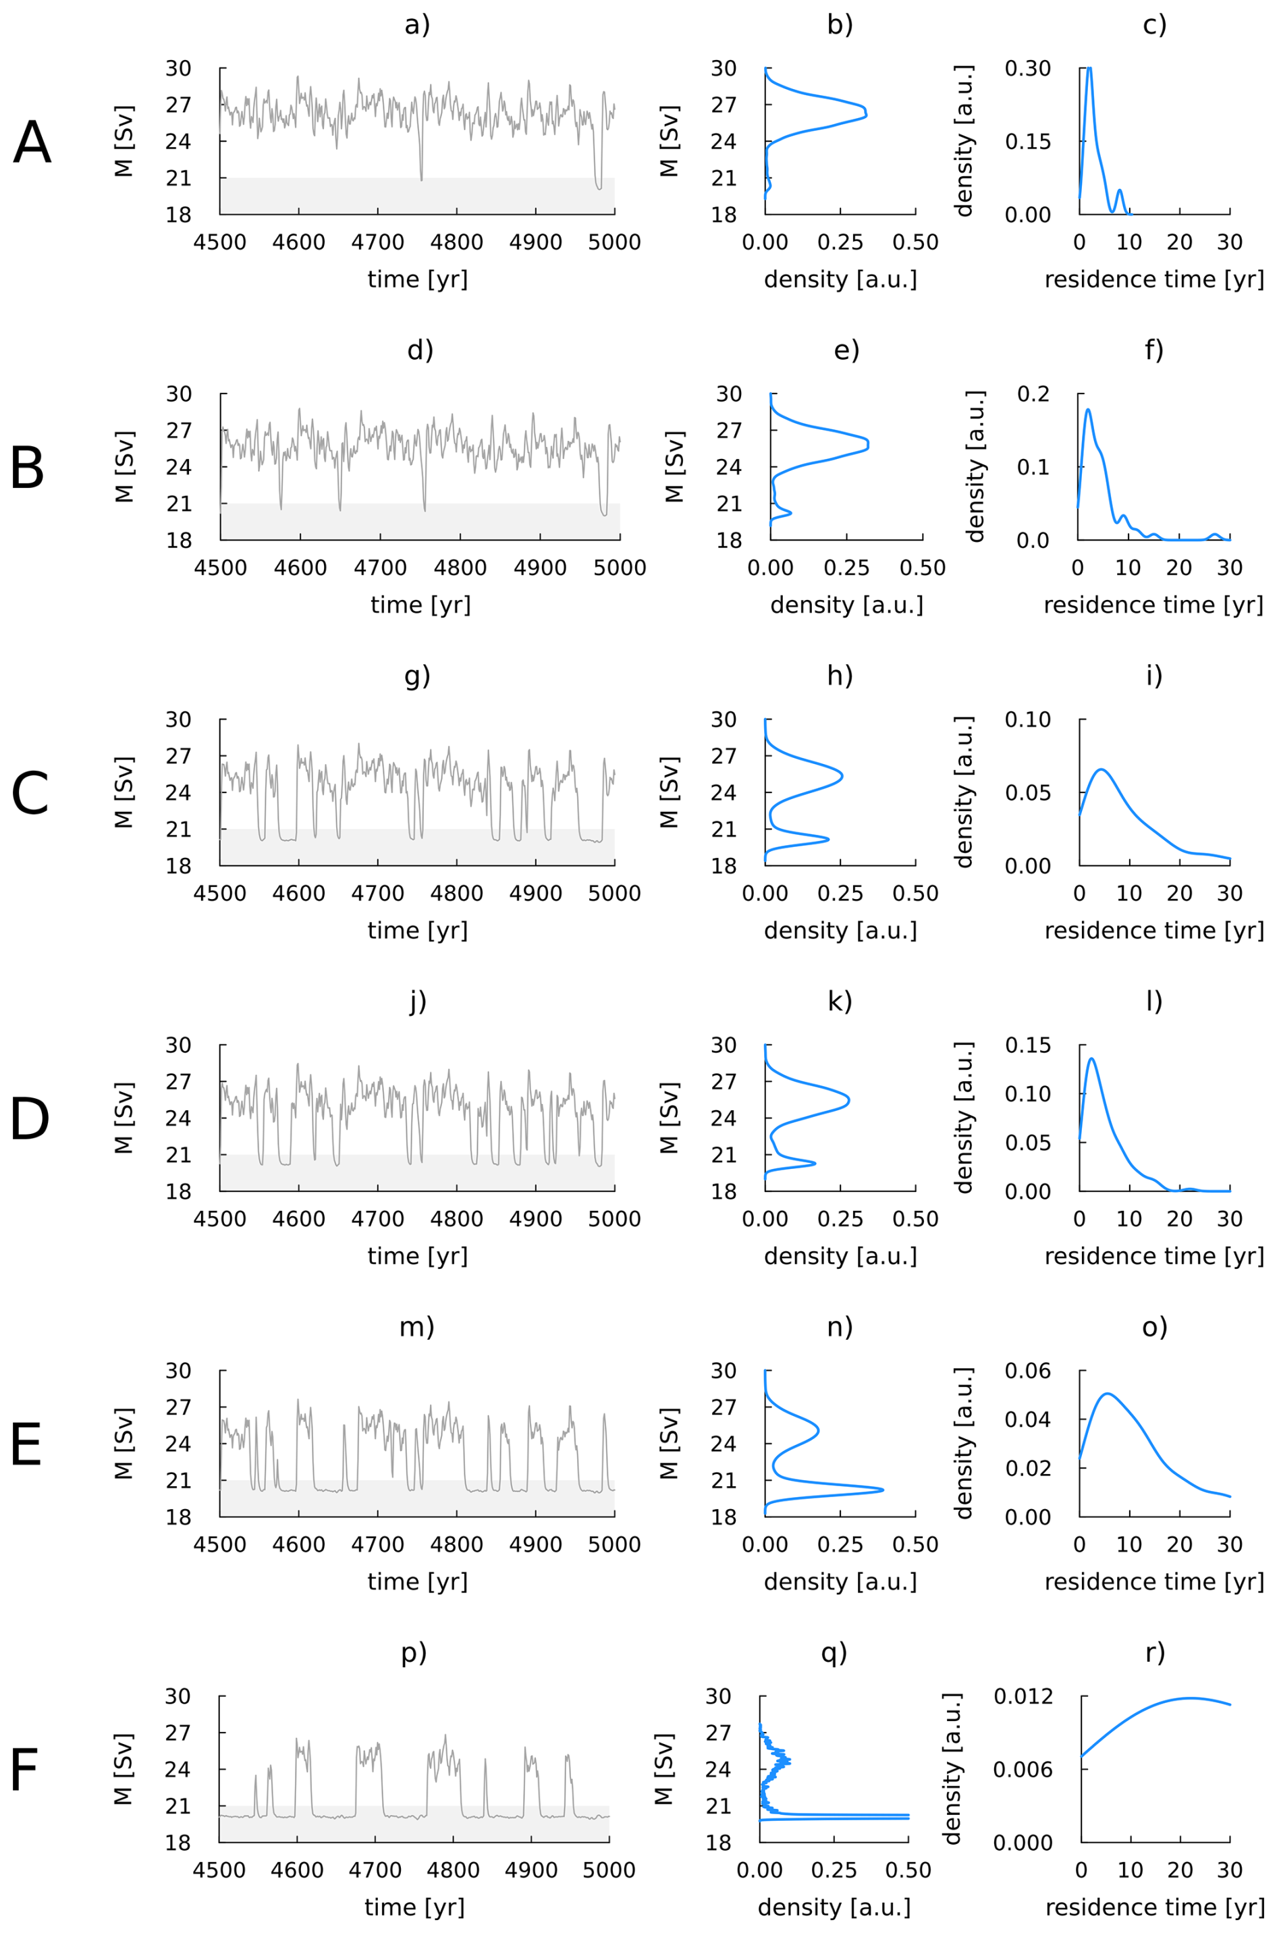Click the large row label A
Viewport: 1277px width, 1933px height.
coord(32,142)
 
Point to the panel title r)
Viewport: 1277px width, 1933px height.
coord(1155,1652)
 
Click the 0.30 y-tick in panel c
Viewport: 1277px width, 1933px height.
coord(1028,68)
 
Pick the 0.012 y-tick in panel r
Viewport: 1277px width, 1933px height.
coord(1023,1697)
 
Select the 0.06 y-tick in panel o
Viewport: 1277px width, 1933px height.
coord(1028,1371)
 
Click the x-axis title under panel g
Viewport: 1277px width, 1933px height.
coord(417,931)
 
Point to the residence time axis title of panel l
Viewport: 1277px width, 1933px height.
coord(1154,1256)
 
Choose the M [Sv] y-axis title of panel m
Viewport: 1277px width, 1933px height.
coord(124,1444)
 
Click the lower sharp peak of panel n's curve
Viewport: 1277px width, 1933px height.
coord(883,1490)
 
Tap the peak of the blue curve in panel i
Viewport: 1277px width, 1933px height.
coord(1101,769)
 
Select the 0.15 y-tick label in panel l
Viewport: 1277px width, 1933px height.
coord(1028,1045)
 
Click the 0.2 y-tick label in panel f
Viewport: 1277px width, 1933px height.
coord(1034,394)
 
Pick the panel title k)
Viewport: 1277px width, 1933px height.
coord(840,1002)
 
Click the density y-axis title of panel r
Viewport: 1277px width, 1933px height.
coord(953,1770)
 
